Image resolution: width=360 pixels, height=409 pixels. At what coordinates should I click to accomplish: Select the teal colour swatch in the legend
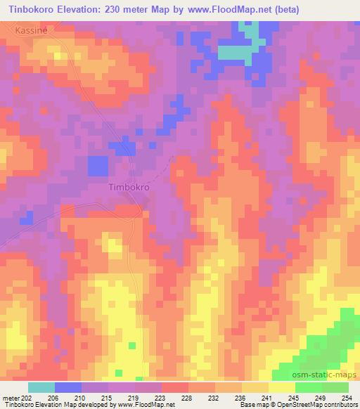coord(41,387)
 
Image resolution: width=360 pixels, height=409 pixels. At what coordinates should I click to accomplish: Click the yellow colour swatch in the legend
coord(281,387)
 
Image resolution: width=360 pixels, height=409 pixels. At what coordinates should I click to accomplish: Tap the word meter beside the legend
coord(11,398)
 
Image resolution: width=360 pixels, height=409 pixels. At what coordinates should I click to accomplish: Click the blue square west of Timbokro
coord(98,167)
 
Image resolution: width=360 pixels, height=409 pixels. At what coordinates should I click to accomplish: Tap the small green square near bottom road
coord(131,345)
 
